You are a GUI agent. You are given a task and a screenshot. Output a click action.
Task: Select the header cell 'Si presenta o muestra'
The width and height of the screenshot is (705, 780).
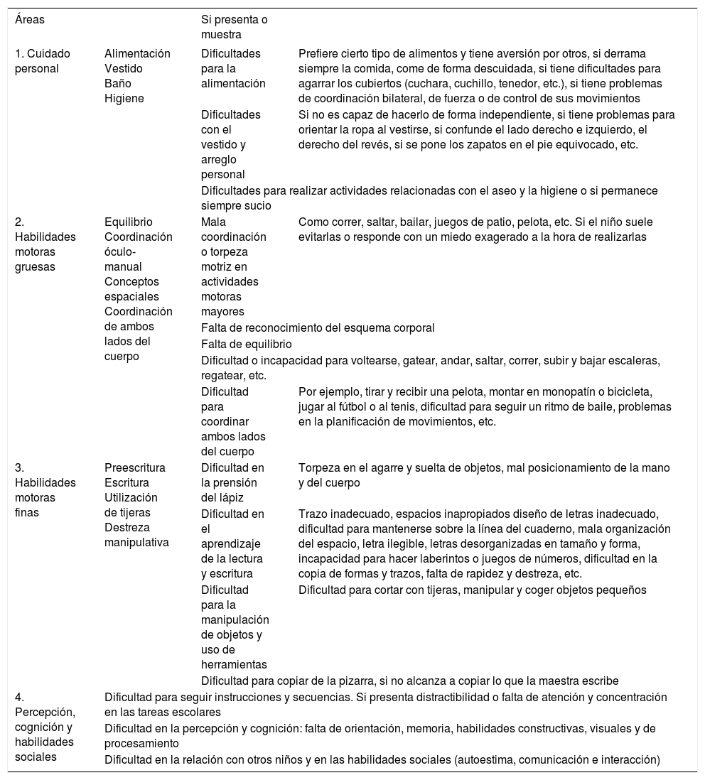[235, 27]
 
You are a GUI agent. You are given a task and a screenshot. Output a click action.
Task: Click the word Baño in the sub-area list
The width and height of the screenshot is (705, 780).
[118, 83]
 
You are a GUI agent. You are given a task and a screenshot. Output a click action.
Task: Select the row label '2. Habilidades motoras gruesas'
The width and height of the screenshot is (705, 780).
[45, 244]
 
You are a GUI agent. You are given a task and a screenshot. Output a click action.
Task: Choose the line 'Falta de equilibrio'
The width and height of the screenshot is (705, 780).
[247, 344]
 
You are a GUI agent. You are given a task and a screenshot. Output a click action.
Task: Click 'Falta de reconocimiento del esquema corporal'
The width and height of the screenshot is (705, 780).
[318, 327]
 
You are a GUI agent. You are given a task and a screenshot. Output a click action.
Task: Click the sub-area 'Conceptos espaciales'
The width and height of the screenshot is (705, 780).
[131, 289]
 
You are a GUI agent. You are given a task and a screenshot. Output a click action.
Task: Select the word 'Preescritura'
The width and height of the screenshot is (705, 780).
[135, 467]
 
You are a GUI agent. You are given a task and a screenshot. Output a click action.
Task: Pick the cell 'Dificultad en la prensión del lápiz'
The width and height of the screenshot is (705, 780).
[233, 482]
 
